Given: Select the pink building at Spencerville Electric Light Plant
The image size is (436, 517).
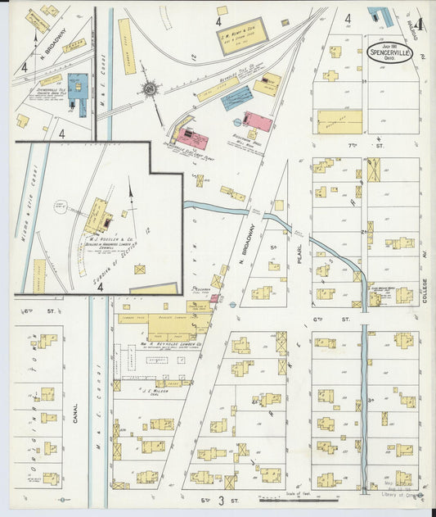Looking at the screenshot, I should coord(258,122).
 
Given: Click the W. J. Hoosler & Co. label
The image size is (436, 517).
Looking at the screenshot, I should coord(101,241).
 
